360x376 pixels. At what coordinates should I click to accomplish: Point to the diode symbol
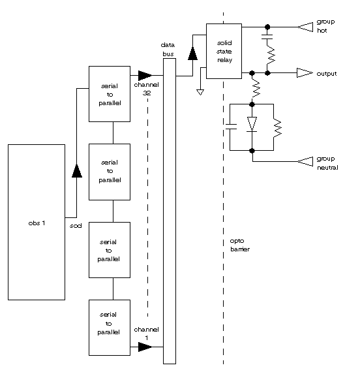click(x=252, y=124)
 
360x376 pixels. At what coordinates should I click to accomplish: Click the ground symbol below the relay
click(x=200, y=92)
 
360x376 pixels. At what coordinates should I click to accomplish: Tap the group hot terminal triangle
click(x=305, y=27)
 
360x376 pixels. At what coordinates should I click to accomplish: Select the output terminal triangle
click(x=305, y=73)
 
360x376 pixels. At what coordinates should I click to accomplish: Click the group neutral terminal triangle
click(x=305, y=161)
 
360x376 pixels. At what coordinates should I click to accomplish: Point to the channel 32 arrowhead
click(x=145, y=75)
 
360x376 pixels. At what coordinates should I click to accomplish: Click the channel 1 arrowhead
click(x=145, y=347)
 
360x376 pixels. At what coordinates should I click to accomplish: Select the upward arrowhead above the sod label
click(x=77, y=171)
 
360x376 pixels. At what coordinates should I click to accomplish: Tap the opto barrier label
click(x=240, y=245)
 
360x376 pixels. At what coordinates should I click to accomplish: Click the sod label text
click(x=76, y=226)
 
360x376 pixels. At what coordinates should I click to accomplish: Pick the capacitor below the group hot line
click(x=267, y=37)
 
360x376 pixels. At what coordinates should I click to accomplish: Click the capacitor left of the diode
click(x=231, y=127)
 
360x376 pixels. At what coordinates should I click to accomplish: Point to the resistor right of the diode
click(x=277, y=127)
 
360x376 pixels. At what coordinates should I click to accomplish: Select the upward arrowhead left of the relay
click(x=193, y=54)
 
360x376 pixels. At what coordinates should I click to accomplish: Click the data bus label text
click(x=168, y=50)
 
